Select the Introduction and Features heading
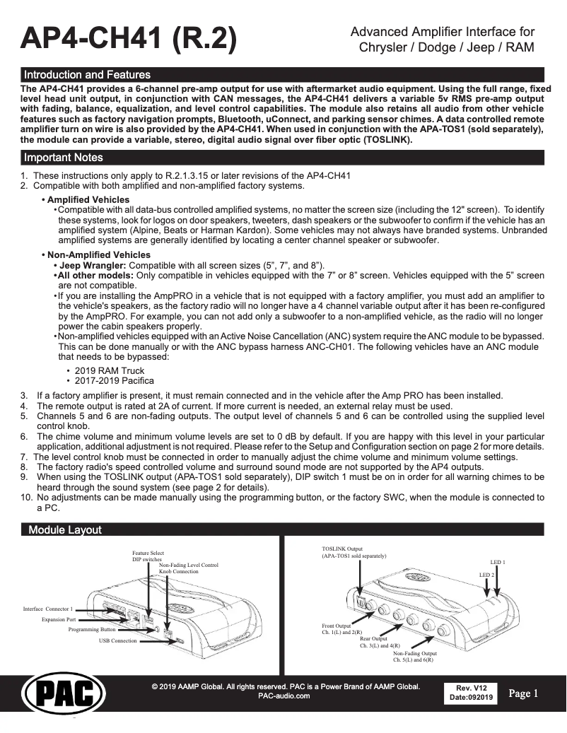point(87,74)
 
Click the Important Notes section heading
point(63,157)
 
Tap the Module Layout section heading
point(64,530)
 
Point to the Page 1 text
point(524,693)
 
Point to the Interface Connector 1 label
point(47,609)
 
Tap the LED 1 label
point(498,562)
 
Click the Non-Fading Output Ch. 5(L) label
point(415,657)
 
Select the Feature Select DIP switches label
point(148,556)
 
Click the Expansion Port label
point(58,619)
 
